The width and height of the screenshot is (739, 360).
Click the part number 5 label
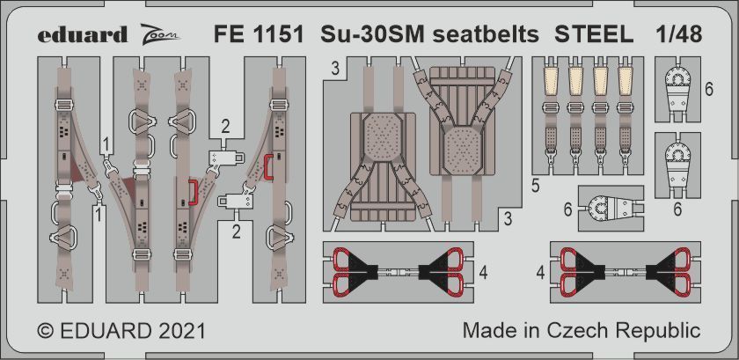pyautogui.click(x=536, y=186)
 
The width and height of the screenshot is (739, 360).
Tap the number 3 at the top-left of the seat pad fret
pyautogui.click(x=335, y=68)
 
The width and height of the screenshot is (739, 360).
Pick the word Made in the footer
pyautogui.click(x=485, y=332)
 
